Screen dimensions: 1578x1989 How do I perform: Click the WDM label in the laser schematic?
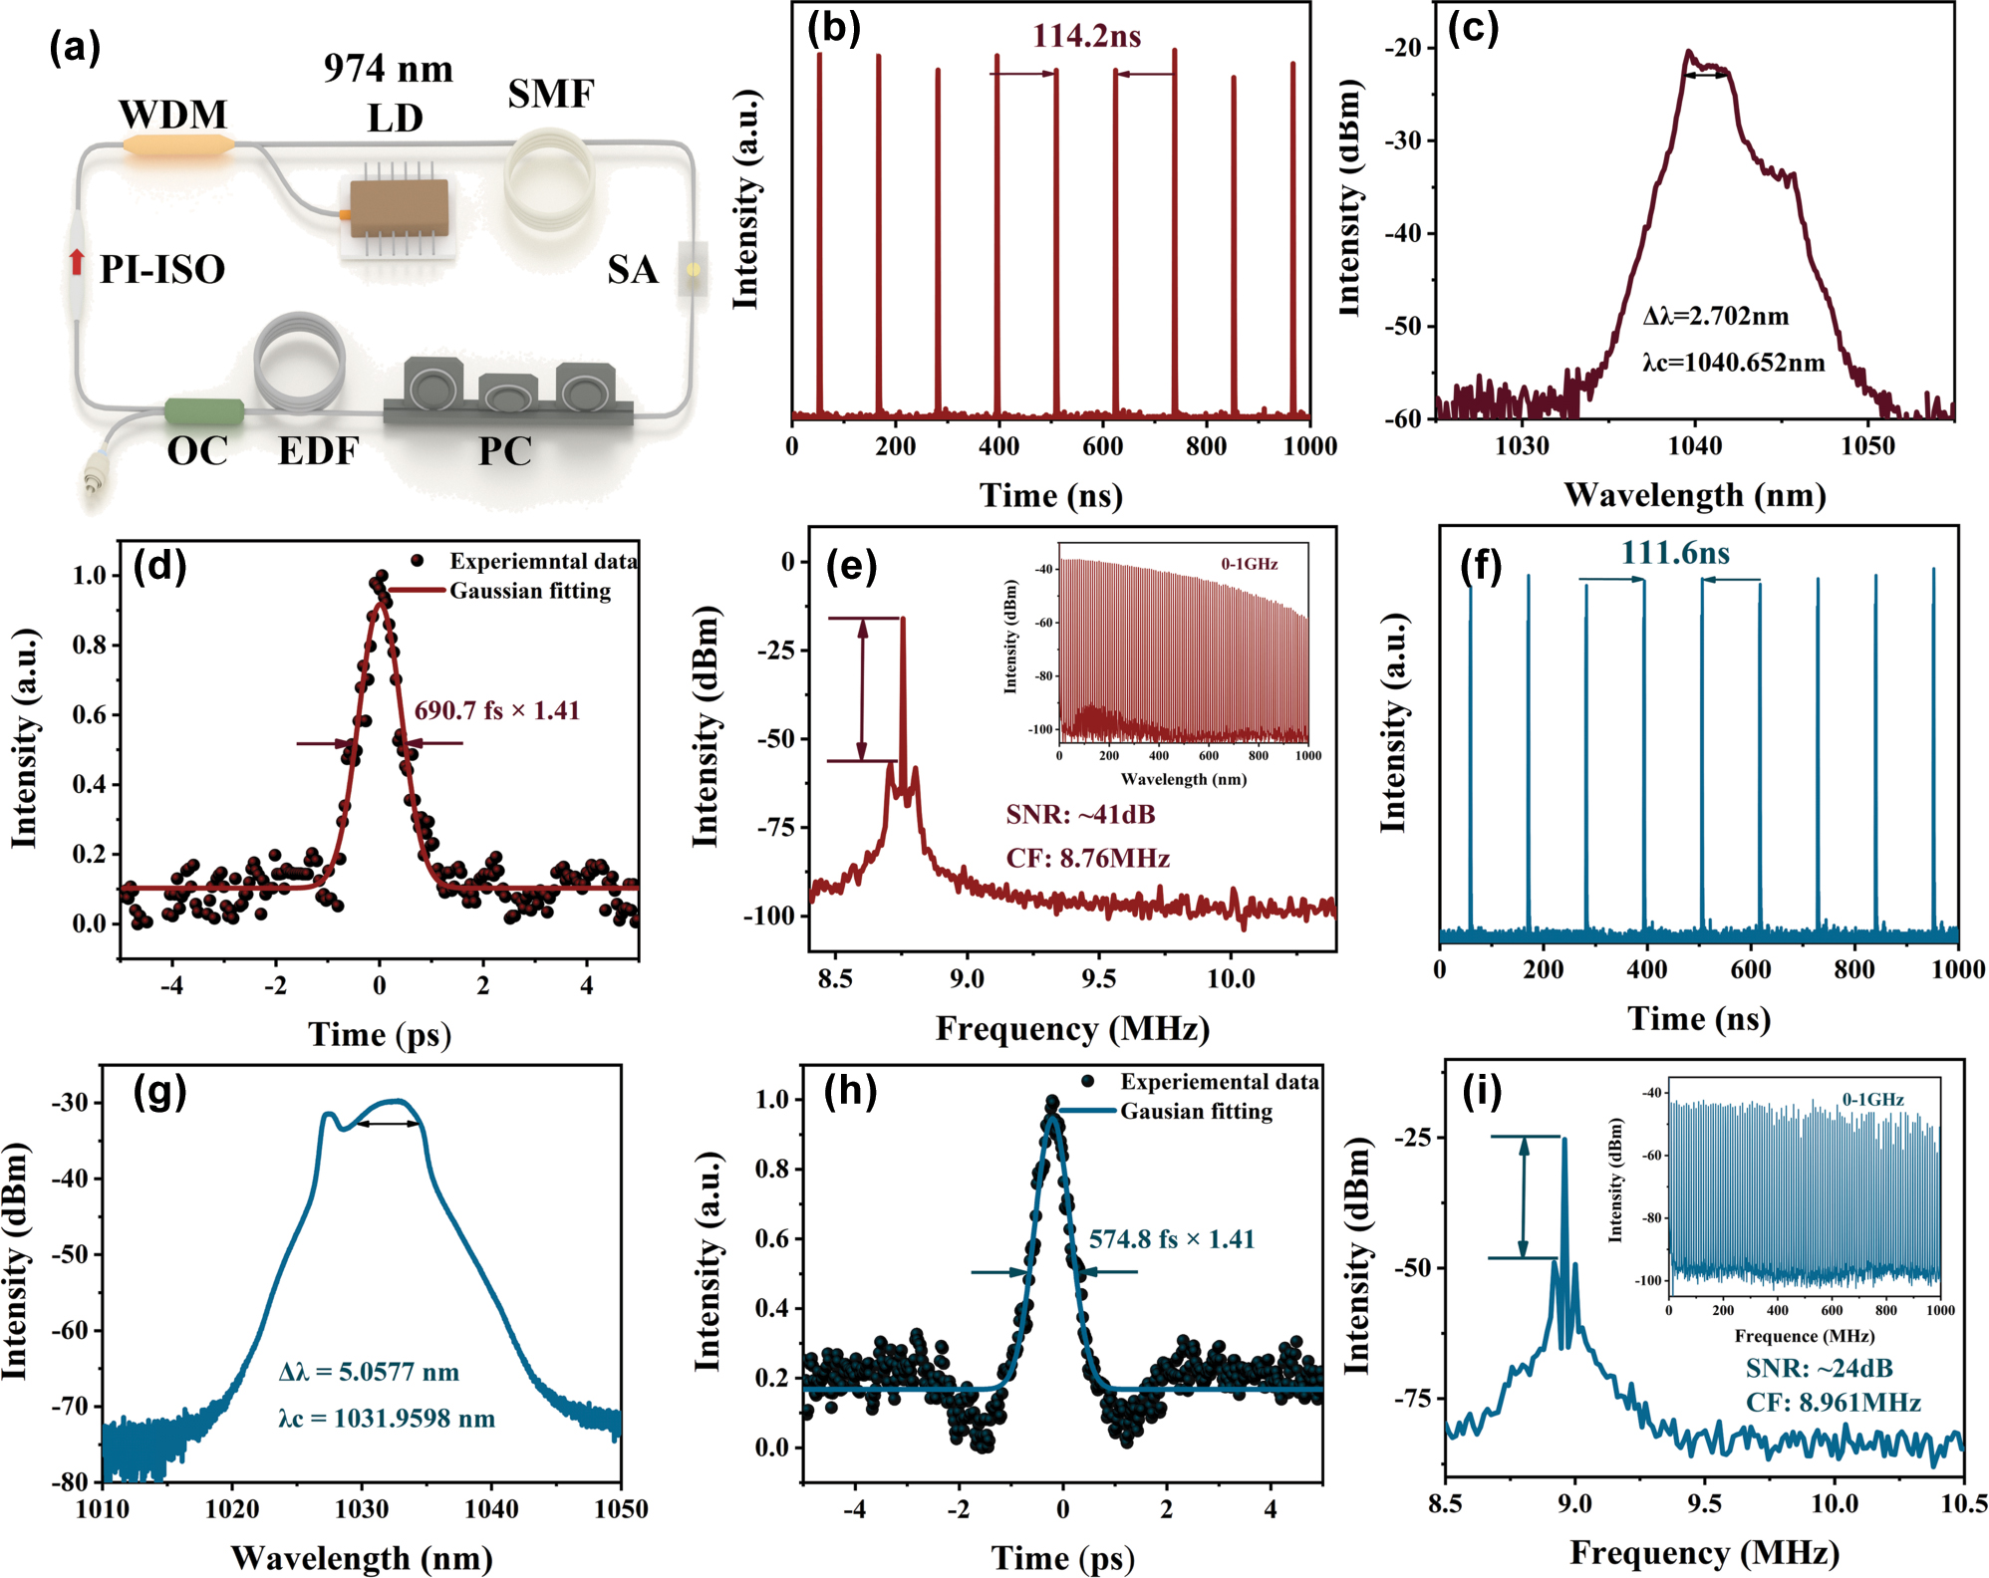(x=172, y=115)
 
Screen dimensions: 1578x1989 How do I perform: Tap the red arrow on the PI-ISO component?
(x=77, y=261)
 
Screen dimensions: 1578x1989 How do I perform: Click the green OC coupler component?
(x=204, y=409)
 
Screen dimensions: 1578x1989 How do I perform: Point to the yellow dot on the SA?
(x=694, y=269)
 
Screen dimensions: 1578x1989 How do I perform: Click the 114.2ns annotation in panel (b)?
(x=1086, y=37)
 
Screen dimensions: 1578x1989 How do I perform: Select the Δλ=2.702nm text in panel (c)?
(x=1716, y=317)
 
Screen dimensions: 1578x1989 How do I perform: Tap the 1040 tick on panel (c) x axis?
(x=1694, y=445)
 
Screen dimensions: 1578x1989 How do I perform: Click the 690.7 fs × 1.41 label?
(x=497, y=710)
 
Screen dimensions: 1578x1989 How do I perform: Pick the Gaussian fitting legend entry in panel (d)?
(x=530, y=591)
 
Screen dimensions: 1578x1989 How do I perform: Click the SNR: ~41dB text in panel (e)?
(x=1080, y=815)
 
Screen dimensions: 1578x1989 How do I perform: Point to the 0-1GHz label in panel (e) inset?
(x=1249, y=564)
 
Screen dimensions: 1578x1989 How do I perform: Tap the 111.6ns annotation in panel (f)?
(x=1674, y=553)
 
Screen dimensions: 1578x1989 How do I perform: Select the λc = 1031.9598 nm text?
(x=387, y=1419)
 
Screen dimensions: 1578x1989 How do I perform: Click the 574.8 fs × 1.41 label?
(x=1171, y=1239)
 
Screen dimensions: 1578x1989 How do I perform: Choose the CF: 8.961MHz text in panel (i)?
(x=1833, y=1403)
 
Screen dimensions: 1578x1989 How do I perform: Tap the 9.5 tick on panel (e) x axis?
(x=1098, y=979)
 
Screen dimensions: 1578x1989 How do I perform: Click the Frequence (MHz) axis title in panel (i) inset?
(x=1804, y=1336)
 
